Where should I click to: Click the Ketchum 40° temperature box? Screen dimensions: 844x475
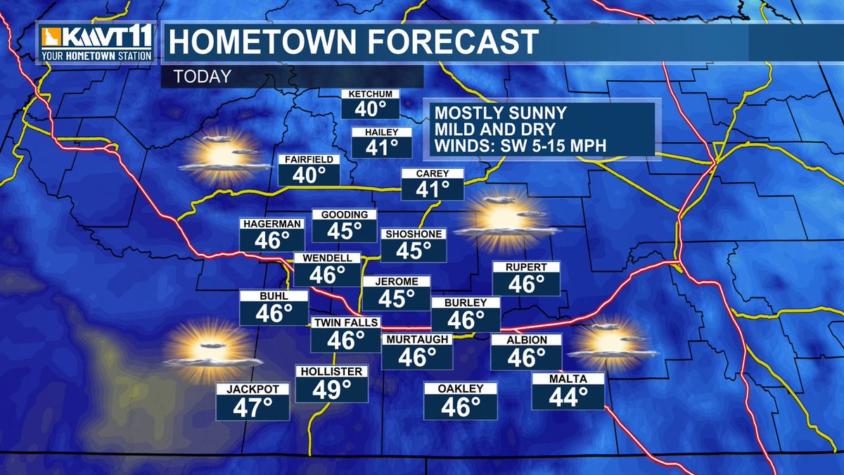coord(371,104)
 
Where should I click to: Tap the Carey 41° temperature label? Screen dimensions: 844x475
coord(433,184)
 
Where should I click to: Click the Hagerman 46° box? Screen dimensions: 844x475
coord(272,234)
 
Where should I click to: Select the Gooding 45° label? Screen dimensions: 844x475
coord(345,225)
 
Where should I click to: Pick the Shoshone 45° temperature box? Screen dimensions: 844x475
coord(414,245)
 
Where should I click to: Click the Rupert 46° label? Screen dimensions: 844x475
coord(526,279)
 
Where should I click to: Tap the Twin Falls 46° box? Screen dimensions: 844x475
coord(346,335)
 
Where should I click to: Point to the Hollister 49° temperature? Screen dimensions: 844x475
coord(331,384)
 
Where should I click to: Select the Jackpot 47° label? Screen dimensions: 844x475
coord(253,402)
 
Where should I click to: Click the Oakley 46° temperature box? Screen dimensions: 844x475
coord(461,401)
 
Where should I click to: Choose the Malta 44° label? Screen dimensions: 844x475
coord(568,392)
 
